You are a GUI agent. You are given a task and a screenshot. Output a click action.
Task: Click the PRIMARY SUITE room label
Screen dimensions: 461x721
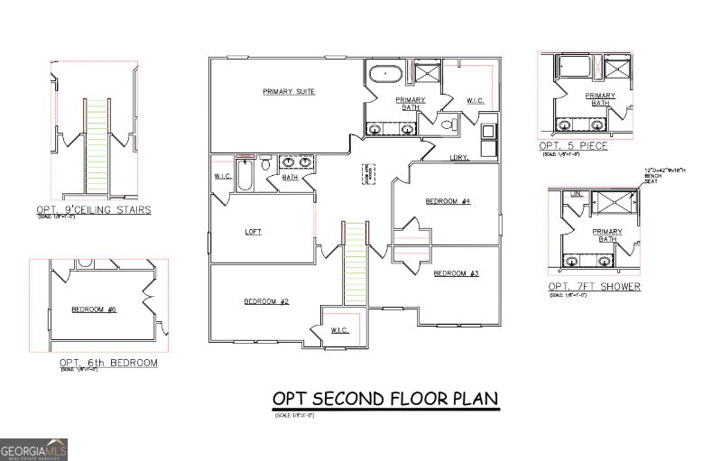tap(289, 92)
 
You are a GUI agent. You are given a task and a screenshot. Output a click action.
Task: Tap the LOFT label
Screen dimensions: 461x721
tap(254, 232)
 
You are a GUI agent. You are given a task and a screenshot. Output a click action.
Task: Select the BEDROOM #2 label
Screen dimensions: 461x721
tap(265, 301)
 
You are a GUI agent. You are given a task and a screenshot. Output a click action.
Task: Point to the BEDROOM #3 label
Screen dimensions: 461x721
tap(456, 273)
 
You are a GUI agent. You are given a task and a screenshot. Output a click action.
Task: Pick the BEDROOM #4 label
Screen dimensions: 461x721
tap(448, 201)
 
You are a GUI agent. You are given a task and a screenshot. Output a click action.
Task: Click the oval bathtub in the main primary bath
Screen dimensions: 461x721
tap(386, 71)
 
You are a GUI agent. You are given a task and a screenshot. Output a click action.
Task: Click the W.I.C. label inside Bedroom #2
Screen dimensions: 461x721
tap(340, 329)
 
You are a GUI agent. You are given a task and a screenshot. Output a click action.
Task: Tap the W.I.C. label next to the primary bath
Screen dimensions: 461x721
tap(476, 99)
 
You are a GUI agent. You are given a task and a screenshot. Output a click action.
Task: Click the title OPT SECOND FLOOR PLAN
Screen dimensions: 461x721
tap(385, 399)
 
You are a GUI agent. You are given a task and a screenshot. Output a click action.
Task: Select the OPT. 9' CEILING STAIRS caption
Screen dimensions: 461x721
tap(93, 211)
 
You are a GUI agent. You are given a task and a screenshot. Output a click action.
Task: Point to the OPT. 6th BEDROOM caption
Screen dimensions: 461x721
tap(108, 363)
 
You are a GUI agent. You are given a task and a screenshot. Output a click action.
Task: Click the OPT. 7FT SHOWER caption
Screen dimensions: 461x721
tap(595, 287)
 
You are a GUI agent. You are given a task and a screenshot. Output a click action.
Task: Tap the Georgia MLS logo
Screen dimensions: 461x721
tap(34, 447)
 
